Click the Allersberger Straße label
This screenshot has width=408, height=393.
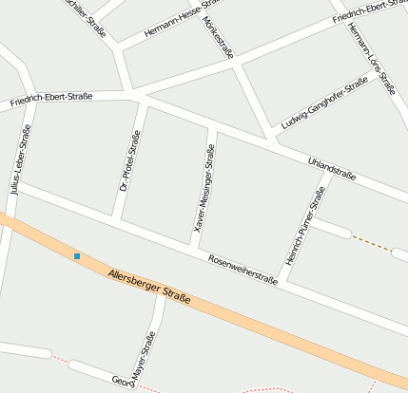tap(149, 287)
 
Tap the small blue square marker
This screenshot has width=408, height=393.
tap(77, 256)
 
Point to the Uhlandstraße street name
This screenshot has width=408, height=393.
tap(332, 169)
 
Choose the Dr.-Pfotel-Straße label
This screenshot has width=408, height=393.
tap(130, 161)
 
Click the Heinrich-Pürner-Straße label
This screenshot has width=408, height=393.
tap(304, 226)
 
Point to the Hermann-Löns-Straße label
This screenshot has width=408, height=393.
tap(371, 58)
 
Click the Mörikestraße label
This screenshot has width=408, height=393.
tap(219, 37)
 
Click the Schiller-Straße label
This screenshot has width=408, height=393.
tap(84, 13)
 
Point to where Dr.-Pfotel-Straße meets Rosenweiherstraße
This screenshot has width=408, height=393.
tap(115, 220)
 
